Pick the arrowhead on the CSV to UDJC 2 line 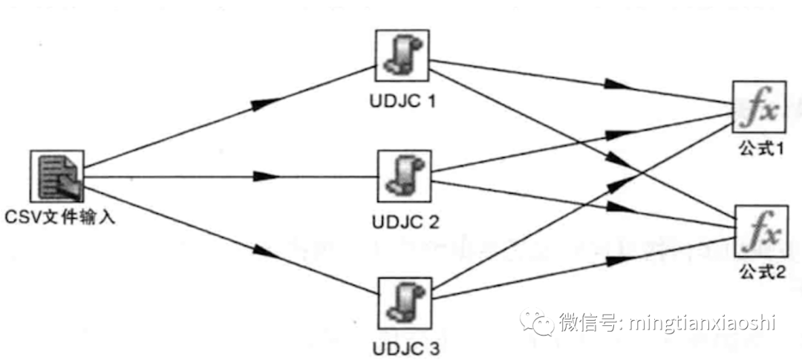pyautogui.click(x=265, y=177)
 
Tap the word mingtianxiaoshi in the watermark pyautogui.click(x=702, y=323)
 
